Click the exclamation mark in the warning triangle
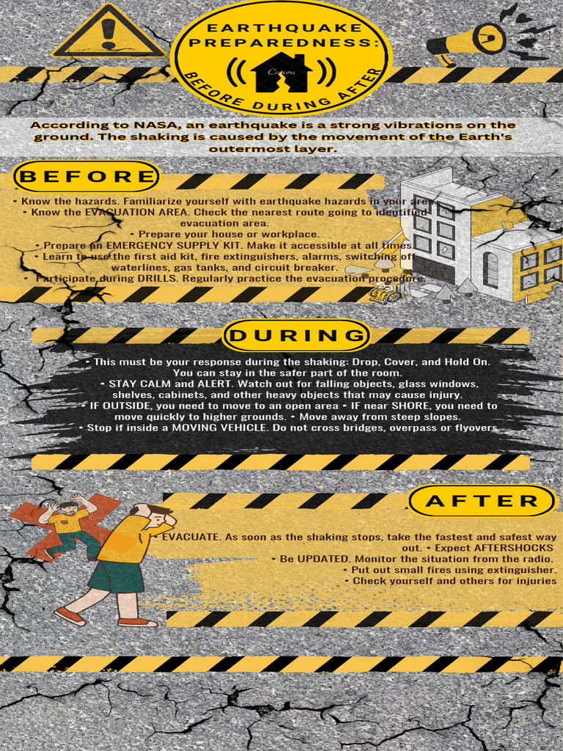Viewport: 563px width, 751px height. [109, 34]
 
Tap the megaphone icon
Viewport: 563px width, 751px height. [469, 41]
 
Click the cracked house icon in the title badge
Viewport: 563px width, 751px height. [281, 72]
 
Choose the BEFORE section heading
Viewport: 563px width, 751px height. [87, 177]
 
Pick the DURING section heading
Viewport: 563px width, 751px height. [296, 336]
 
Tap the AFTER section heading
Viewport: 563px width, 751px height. [482, 502]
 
